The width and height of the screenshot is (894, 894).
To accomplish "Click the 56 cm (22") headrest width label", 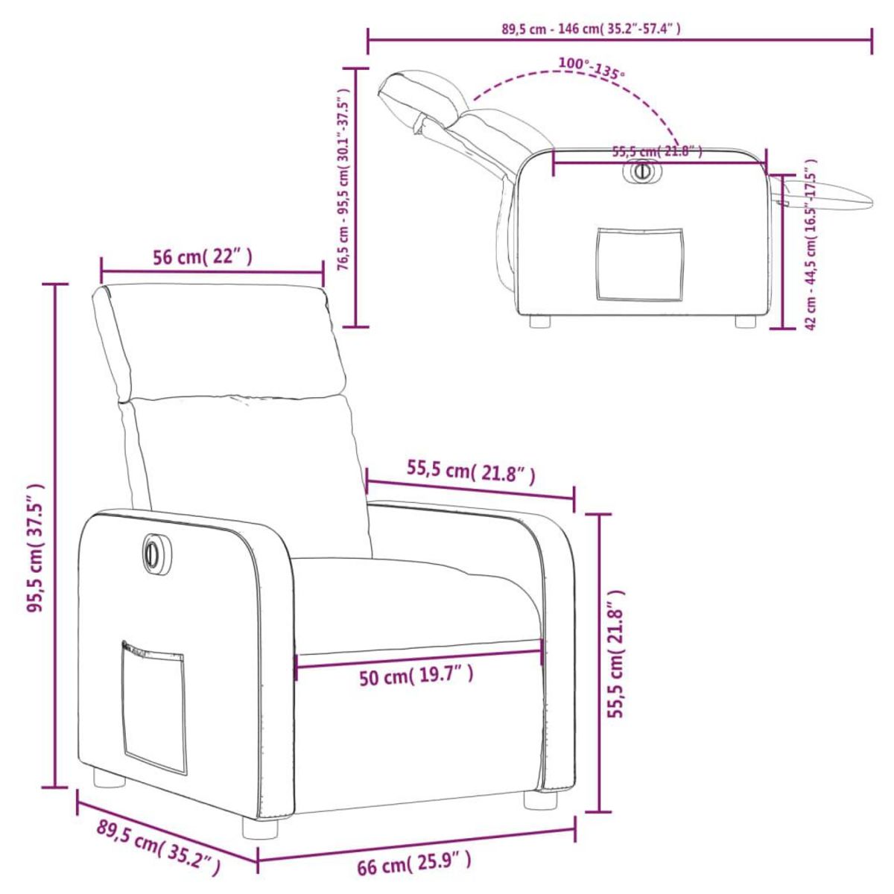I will [x=202, y=258].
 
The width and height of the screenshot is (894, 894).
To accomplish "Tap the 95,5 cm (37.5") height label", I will [x=36, y=548].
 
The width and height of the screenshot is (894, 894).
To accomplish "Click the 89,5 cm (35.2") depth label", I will [x=158, y=847].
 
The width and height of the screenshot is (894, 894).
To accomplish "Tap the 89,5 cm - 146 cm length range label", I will [x=591, y=30].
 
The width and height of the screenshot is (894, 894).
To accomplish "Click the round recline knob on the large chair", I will [x=153, y=553].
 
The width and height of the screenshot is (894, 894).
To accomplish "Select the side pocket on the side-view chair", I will [x=639, y=264].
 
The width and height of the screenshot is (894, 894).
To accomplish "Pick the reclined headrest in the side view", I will [x=422, y=94].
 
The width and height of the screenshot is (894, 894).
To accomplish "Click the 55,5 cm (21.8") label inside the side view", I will [x=656, y=151].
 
